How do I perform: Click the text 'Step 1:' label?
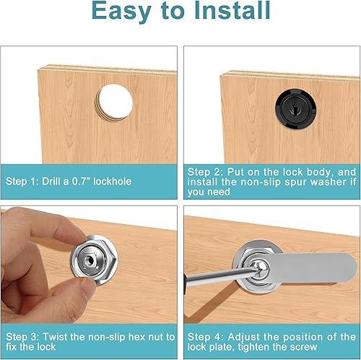tap(25, 181)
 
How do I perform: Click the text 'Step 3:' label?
tap(25, 336)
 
